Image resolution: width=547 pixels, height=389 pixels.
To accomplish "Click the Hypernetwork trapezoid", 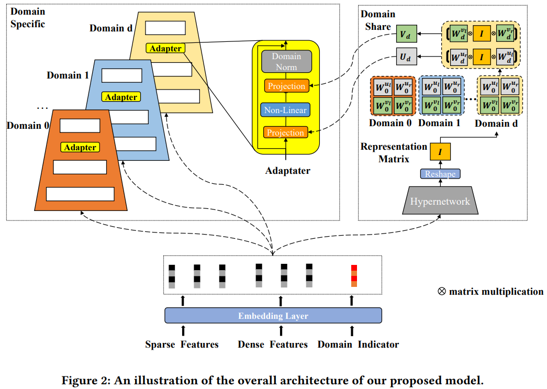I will pyautogui.click(x=440, y=202).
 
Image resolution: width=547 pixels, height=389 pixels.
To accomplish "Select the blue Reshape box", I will pyautogui.click(x=440, y=174).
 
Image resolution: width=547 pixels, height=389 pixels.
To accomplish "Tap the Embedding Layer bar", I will pyautogui.click(x=273, y=316).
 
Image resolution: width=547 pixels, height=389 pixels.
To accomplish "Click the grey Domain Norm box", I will pyautogui.click(x=286, y=61).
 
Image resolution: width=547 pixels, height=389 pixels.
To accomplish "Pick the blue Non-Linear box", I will pyautogui.click(x=286, y=110).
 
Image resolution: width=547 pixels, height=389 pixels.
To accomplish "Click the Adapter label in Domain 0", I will pyautogui.click(x=80, y=148).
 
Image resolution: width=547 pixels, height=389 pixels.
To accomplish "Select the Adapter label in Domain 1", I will pyautogui.click(x=121, y=97).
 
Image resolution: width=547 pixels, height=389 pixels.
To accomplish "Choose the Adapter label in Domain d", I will pyautogui.click(x=165, y=48).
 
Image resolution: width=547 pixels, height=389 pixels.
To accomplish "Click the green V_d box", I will pyautogui.click(x=405, y=35).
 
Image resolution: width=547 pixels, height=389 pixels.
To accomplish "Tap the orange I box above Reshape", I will pyautogui.click(x=440, y=152).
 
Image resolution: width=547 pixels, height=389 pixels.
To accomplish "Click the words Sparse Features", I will pyautogui.click(x=182, y=344).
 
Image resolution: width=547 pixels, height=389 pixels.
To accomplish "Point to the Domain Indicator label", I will pyautogui.click(x=358, y=344).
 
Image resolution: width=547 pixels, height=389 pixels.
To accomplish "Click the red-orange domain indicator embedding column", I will pyautogui.click(x=354, y=276).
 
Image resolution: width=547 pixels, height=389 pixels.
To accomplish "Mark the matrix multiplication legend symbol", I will pyautogui.click(x=441, y=292).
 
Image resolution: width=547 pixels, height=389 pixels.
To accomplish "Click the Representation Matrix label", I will pyautogui.click(x=394, y=152).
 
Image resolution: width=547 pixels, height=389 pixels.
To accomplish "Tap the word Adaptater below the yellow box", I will pyautogui.click(x=287, y=171).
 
